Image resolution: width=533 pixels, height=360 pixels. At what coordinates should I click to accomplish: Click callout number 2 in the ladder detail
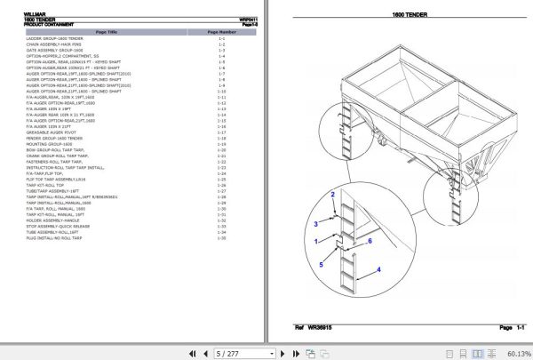(334, 193)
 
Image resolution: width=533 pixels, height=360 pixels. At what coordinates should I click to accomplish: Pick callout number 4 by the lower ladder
(378, 269)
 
